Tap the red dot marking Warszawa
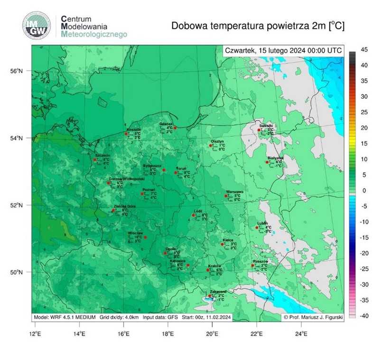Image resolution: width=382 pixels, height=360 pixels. pyautogui.click(x=226, y=196)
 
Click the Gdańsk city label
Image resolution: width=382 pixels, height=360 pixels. pyautogui.click(x=166, y=123)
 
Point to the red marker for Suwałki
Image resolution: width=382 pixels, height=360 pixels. pyautogui.click(x=259, y=130)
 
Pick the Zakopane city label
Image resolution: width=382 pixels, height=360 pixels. pyautogui.click(x=218, y=292)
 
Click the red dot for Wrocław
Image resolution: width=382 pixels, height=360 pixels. pyautogui.click(x=145, y=237)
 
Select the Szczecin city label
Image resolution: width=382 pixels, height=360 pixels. pyautogui.click(x=102, y=155)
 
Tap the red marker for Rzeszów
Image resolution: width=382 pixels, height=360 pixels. pyautogui.click(x=252, y=265)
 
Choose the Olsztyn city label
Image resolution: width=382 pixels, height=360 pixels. pyautogui.click(x=217, y=142)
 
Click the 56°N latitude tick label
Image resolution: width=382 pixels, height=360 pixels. pyautogui.click(x=17, y=71)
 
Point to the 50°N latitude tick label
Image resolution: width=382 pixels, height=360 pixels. pyautogui.click(x=17, y=272)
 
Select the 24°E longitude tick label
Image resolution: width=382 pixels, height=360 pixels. pyautogui.click(x=300, y=332)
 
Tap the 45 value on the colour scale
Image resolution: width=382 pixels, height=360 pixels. pyautogui.click(x=365, y=49)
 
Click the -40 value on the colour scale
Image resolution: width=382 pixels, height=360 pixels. pyautogui.click(x=365, y=316)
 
